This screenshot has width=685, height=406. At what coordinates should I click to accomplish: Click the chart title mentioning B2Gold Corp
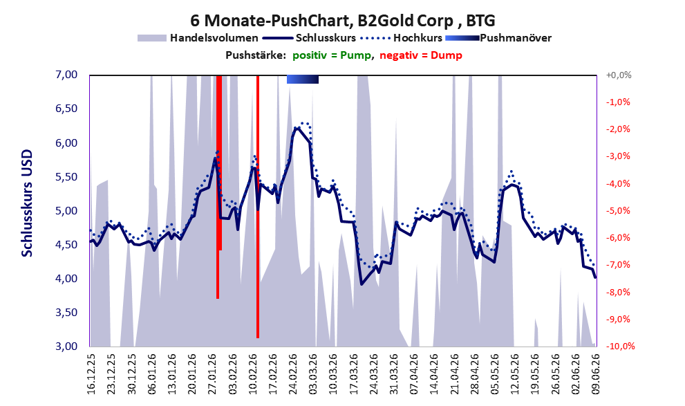[x=343, y=21]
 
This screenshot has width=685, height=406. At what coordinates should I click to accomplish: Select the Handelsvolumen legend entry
[x=198, y=38]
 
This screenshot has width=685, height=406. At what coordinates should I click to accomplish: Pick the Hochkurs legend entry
[x=402, y=38]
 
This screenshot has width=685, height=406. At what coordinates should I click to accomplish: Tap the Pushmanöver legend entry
[x=498, y=38]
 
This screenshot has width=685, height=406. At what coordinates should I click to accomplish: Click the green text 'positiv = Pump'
[x=332, y=55]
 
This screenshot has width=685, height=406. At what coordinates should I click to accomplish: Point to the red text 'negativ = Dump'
[x=421, y=55]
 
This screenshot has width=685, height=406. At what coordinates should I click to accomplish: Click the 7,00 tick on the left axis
[x=66, y=75]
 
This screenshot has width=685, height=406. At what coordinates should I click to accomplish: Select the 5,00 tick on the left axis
[x=66, y=211]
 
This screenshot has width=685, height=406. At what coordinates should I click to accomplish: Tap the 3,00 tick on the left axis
[x=66, y=346]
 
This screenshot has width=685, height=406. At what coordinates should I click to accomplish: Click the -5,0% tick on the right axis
[x=618, y=211]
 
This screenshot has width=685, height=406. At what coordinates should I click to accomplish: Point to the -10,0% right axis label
[x=620, y=346]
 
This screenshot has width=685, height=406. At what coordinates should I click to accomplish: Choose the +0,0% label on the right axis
[x=619, y=75]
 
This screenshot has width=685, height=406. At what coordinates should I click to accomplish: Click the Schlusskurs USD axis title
[x=27, y=203]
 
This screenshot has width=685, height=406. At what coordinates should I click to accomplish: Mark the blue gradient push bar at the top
[x=302, y=79]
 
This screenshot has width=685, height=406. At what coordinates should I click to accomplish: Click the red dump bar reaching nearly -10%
[x=258, y=207]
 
